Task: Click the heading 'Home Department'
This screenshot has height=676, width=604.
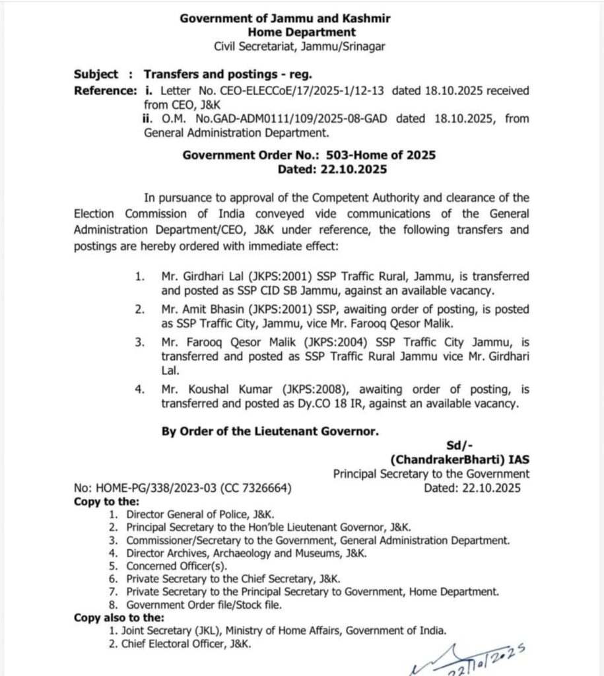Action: coord(302,32)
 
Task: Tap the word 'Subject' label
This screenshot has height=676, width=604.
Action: coord(96,75)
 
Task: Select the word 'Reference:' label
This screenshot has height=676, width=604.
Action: coord(106,90)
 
